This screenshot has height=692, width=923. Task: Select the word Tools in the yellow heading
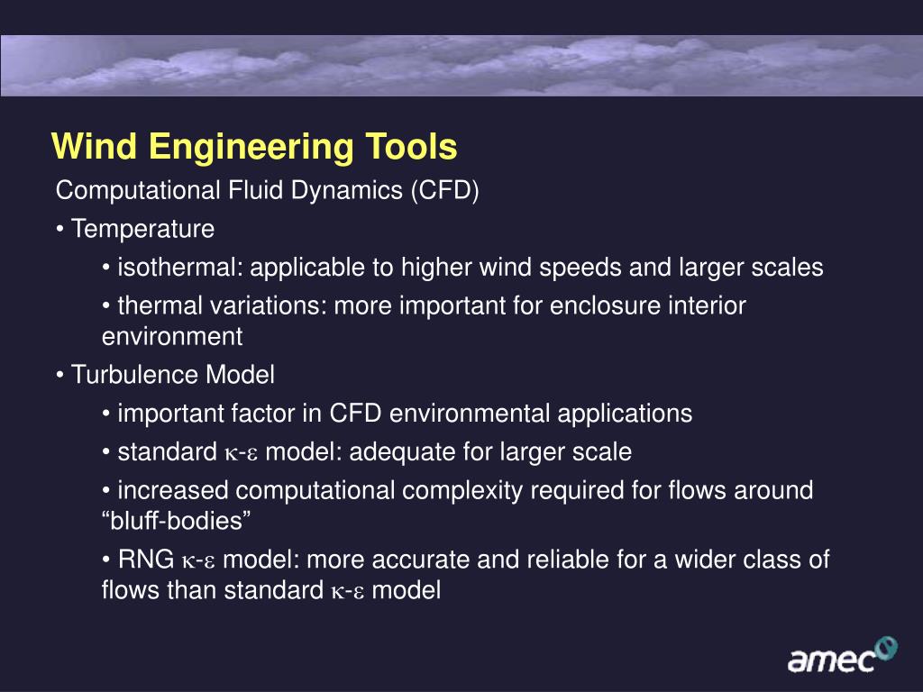pos(410,147)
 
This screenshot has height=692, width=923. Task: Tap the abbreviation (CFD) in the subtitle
pos(445,191)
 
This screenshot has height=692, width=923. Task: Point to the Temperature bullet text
pos(142,230)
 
